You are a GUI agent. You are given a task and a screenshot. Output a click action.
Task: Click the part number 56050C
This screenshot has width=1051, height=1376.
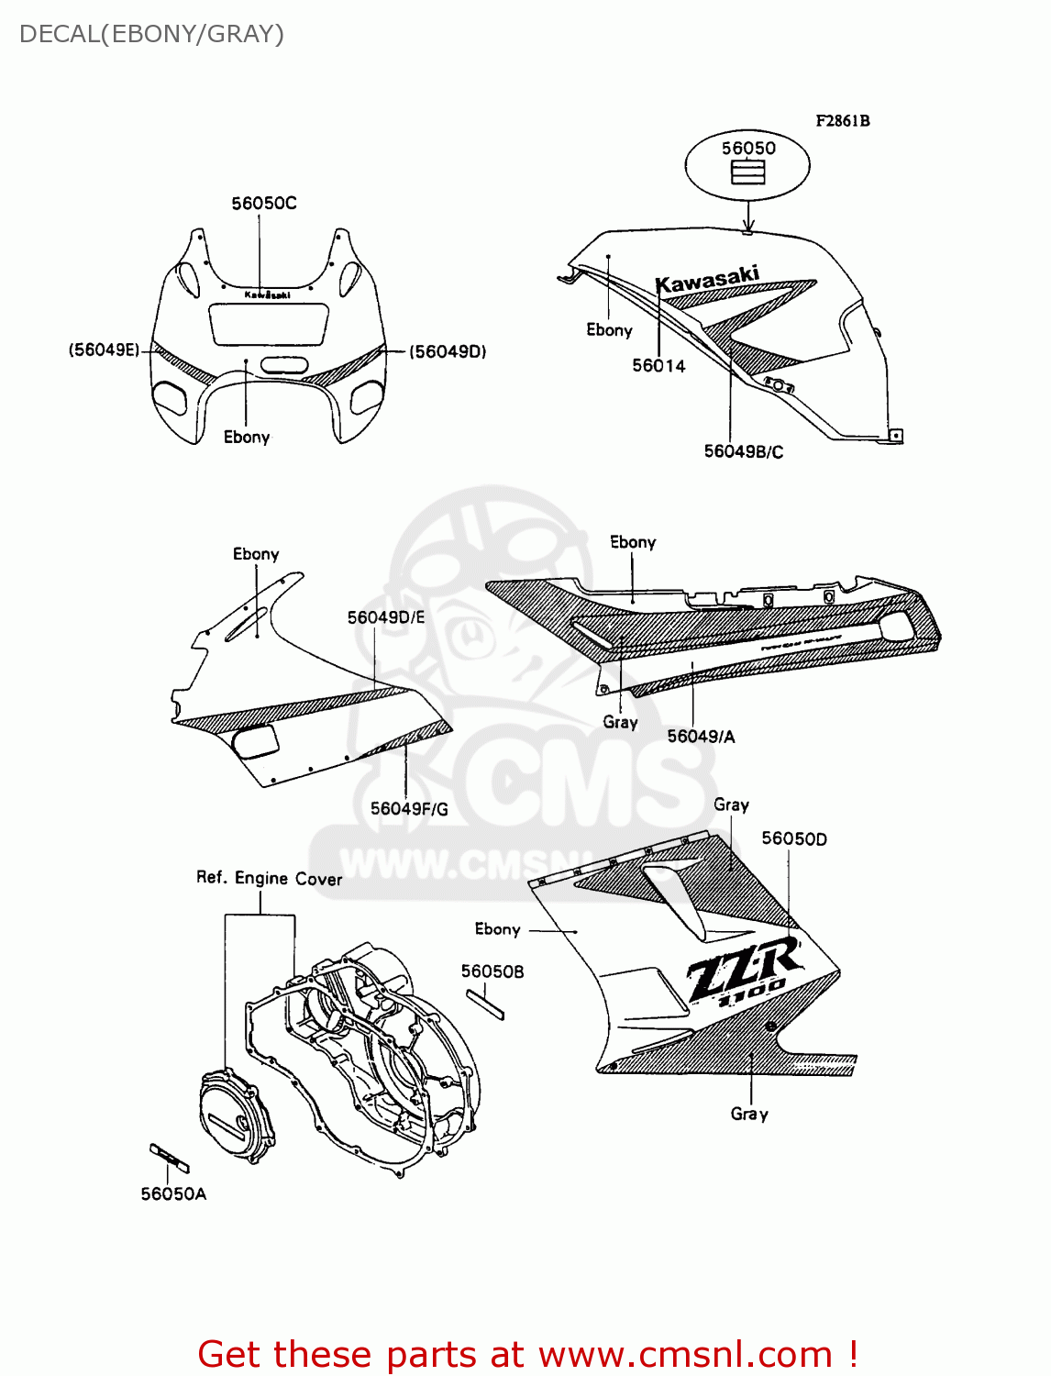coord(264,204)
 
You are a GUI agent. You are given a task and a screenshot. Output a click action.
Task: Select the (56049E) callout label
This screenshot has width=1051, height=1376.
coord(104,350)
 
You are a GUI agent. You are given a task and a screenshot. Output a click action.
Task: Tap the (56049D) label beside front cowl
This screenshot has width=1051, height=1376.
coord(448,351)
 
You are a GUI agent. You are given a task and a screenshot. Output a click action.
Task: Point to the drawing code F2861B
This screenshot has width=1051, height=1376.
coord(843,120)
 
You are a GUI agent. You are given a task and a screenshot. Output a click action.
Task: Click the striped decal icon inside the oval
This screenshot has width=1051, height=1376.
coord(747,172)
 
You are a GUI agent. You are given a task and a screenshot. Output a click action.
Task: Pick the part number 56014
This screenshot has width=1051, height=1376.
coord(658,366)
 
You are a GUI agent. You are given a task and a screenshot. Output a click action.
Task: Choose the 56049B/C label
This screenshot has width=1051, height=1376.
coord(743,451)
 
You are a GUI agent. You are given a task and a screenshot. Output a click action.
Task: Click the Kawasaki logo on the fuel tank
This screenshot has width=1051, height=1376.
coord(707,280)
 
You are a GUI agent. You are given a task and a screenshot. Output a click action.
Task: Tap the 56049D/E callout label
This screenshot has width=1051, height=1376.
coord(386,617)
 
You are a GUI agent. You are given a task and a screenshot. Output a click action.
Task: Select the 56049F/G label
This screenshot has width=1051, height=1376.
coord(409,808)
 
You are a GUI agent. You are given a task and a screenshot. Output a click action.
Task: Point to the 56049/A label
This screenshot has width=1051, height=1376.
coord(701,736)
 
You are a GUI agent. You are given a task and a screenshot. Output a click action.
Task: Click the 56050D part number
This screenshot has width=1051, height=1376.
coord(794,838)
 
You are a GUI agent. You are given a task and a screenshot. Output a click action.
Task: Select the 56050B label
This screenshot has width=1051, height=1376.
coord(492,971)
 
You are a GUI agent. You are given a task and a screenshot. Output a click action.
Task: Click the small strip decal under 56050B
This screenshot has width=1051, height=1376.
coord(485,1004)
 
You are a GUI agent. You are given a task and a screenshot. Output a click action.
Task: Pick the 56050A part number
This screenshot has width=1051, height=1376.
coord(173,1193)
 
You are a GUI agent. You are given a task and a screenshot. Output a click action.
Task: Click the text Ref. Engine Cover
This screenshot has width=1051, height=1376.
coord(269,878)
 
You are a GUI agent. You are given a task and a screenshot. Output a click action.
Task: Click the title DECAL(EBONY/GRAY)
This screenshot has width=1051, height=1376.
coord(151,34)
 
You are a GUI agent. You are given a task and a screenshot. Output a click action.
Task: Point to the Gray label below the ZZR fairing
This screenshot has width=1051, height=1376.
coord(749,1114)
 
